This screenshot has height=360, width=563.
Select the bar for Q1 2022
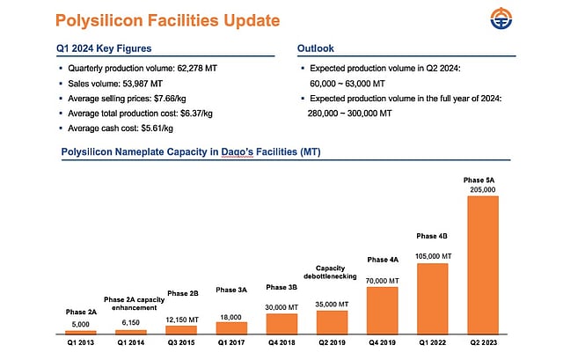click(432, 298)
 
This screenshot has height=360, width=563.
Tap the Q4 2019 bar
click(382, 310)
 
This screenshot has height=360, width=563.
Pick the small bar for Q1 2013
click(80, 332)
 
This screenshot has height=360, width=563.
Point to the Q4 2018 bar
click(281, 323)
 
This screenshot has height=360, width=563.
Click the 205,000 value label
click(482, 189)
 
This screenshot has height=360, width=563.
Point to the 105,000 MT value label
click(432, 256)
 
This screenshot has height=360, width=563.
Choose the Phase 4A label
click(382, 260)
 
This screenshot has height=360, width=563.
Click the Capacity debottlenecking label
click(332, 273)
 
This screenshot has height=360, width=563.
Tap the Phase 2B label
click(181, 293)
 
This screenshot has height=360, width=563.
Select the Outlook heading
click(321, 49)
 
